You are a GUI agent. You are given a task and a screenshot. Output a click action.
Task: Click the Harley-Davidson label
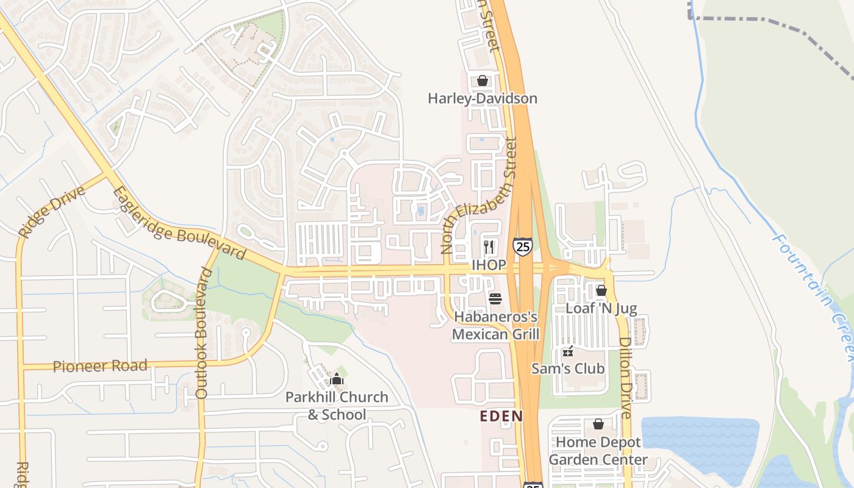[482, 98]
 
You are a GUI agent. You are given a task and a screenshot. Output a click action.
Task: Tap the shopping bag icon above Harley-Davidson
[482, 81]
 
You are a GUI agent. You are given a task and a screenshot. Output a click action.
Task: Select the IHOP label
[489, 265]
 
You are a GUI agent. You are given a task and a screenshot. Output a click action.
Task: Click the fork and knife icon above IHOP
[489, 246]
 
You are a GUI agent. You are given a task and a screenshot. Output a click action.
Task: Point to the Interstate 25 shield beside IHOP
[522, 246]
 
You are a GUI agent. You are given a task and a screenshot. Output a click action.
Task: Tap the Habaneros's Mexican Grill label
[495, 326]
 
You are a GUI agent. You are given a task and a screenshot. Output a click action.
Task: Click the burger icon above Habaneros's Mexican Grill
[495, 299]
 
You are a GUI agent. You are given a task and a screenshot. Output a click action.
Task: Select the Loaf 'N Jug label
[601, 308]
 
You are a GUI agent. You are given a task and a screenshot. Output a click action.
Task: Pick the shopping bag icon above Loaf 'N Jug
[601, 290]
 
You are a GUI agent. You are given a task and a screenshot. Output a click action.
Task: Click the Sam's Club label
[568, 368]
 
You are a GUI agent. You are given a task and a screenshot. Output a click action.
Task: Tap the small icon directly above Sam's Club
[568, 351]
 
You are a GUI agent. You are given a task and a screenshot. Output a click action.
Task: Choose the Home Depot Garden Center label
[598, 451]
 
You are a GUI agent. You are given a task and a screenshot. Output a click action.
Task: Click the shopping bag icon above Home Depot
[598, 424]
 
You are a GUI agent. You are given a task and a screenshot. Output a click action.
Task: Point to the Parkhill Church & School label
[337, 406]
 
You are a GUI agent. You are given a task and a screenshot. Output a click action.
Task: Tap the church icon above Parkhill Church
[336, 379]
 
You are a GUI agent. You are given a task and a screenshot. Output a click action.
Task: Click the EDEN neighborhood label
[501, 417]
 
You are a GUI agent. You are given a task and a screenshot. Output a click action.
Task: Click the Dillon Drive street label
[626, 378]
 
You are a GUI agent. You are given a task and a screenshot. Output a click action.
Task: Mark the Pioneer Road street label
[100, 367]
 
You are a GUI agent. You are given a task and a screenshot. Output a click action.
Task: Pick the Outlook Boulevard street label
[203, 333]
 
